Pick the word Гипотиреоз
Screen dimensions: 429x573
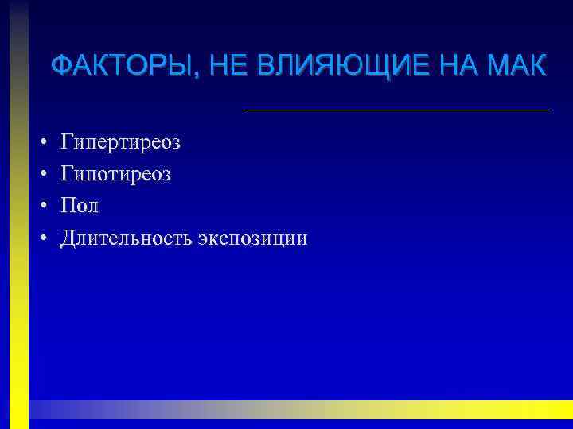pyautogui.click(x=116, y=175)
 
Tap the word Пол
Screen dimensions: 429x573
pyautogui.click(x=80, y=206)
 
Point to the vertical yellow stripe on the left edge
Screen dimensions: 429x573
pyautogui.click(x=19, y=238)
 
